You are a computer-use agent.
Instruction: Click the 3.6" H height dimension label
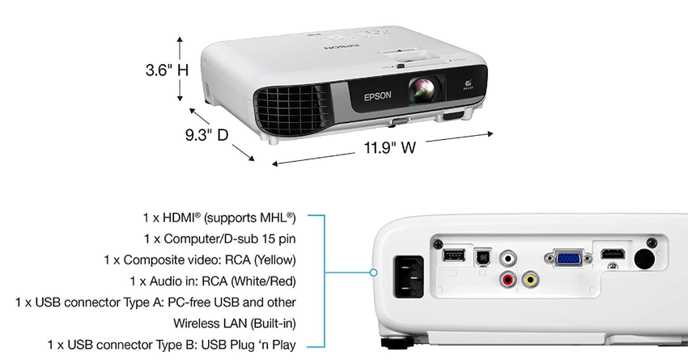[167, 70]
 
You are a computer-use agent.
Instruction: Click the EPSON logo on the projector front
[377, 95]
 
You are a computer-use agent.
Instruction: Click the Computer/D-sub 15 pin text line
[219, 239]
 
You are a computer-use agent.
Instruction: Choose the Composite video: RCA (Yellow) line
[200, 260]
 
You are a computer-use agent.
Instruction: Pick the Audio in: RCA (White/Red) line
[213, 281]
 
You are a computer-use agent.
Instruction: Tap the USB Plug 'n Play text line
[171, 345]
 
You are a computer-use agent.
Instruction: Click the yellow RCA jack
[531, 280]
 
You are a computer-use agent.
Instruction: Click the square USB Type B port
[482, 256]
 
